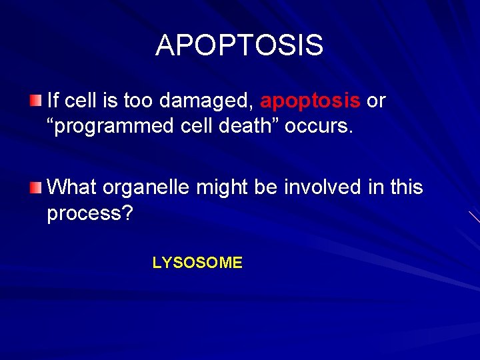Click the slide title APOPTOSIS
coord(239,45)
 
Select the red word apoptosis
coord(311,101)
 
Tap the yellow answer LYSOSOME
coord(197,263)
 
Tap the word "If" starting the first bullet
coord(54,101)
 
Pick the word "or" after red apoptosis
coord(377,101)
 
